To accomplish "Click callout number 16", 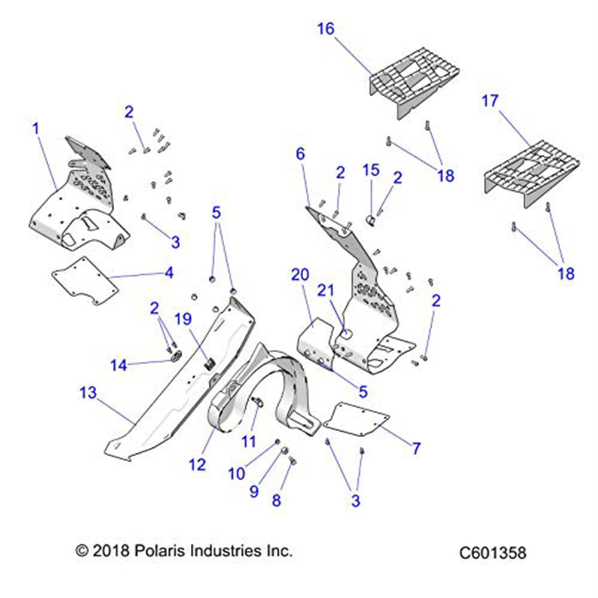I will click(x=326, y=29).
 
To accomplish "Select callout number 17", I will click(x=490, y=100).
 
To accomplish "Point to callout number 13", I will click(x=87, y=393).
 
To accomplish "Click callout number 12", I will click(x=197, y=463).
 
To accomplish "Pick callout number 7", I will click(x=416, y=447).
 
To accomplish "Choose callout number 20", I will click(x=300, y=274).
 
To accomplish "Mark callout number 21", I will click(x=325, y=291).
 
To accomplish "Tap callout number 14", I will click(x=118, y=365).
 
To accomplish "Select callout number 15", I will click(x=371, y=170).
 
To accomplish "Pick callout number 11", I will click(x=248, y=441).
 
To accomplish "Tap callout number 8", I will click(x=276, y=501).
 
